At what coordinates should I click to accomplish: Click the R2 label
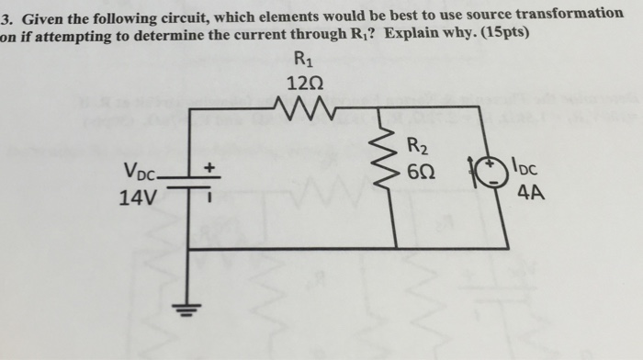point(417,144)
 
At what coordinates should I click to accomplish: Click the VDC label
point(139,171)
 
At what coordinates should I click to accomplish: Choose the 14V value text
point(137,196)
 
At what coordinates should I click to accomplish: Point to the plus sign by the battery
point(209,168)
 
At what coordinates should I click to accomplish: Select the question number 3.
point(6,14)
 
